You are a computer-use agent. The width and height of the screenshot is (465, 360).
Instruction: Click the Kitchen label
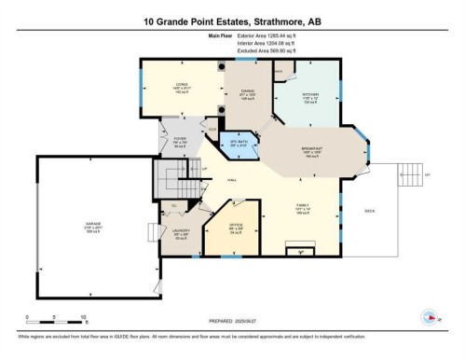(x=311, y=94)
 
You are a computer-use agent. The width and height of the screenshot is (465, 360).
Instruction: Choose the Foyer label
(x=179, y=140)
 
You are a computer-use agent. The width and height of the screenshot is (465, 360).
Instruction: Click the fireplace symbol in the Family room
(x=298, y=249)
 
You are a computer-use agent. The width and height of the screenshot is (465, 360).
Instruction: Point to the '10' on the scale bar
(x=84, y=316)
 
